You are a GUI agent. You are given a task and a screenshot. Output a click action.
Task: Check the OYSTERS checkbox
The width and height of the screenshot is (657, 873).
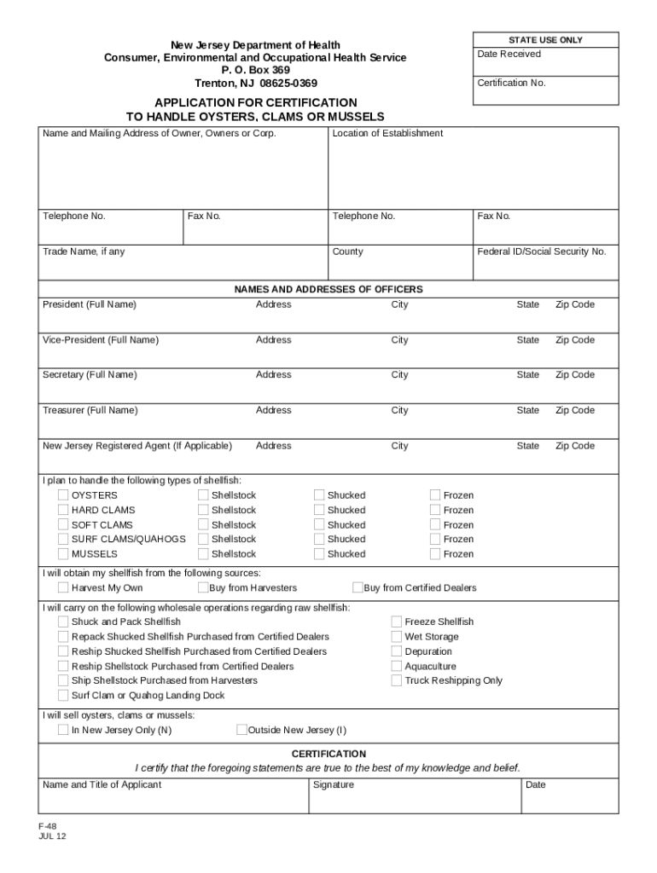point(63,495)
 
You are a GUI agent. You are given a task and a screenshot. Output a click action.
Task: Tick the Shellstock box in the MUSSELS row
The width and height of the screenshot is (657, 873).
point(203,554)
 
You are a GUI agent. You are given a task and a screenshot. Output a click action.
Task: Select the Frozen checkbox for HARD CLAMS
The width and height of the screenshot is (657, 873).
point(435,511)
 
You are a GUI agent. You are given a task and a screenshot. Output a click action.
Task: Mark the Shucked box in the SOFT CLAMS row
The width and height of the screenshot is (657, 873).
point(319,525)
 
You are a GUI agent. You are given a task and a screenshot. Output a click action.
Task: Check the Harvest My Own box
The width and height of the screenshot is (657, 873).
point(63,587)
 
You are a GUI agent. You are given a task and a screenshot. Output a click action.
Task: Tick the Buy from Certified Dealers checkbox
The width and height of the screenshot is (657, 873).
point(358,587)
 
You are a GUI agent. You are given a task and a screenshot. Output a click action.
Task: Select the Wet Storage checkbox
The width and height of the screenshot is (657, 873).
point(397,637)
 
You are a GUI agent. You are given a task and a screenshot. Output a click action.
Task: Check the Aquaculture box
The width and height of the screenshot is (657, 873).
point(397,666)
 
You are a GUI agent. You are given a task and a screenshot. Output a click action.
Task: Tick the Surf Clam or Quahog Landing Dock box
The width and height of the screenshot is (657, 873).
point(63,695)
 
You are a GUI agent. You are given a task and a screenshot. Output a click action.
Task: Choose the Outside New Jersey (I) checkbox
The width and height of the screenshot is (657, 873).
point(241,730)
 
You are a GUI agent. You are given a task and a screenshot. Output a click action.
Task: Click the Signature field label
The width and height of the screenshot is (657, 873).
point(333,784)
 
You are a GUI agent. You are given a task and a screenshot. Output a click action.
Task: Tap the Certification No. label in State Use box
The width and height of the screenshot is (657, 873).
point(511,83)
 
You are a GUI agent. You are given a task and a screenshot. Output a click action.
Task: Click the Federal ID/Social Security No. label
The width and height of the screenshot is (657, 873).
point(541,251)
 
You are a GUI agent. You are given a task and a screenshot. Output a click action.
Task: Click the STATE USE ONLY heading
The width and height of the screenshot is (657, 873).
point(546,40)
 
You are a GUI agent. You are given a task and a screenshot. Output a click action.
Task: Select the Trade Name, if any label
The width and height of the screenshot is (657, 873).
point(84,251)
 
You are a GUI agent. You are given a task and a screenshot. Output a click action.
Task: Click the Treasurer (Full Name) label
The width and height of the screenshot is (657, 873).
point(90,410)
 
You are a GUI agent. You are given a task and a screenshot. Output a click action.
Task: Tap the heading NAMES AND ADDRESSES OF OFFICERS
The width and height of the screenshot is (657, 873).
point(328,289)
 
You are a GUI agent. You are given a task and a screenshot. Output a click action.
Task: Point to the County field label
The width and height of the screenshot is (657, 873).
point(347,251)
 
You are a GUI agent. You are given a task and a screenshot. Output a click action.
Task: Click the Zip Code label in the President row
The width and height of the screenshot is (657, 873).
point(575,304)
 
